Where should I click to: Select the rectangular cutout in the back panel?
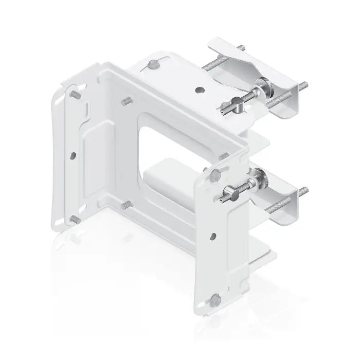[x=170, y=152]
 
